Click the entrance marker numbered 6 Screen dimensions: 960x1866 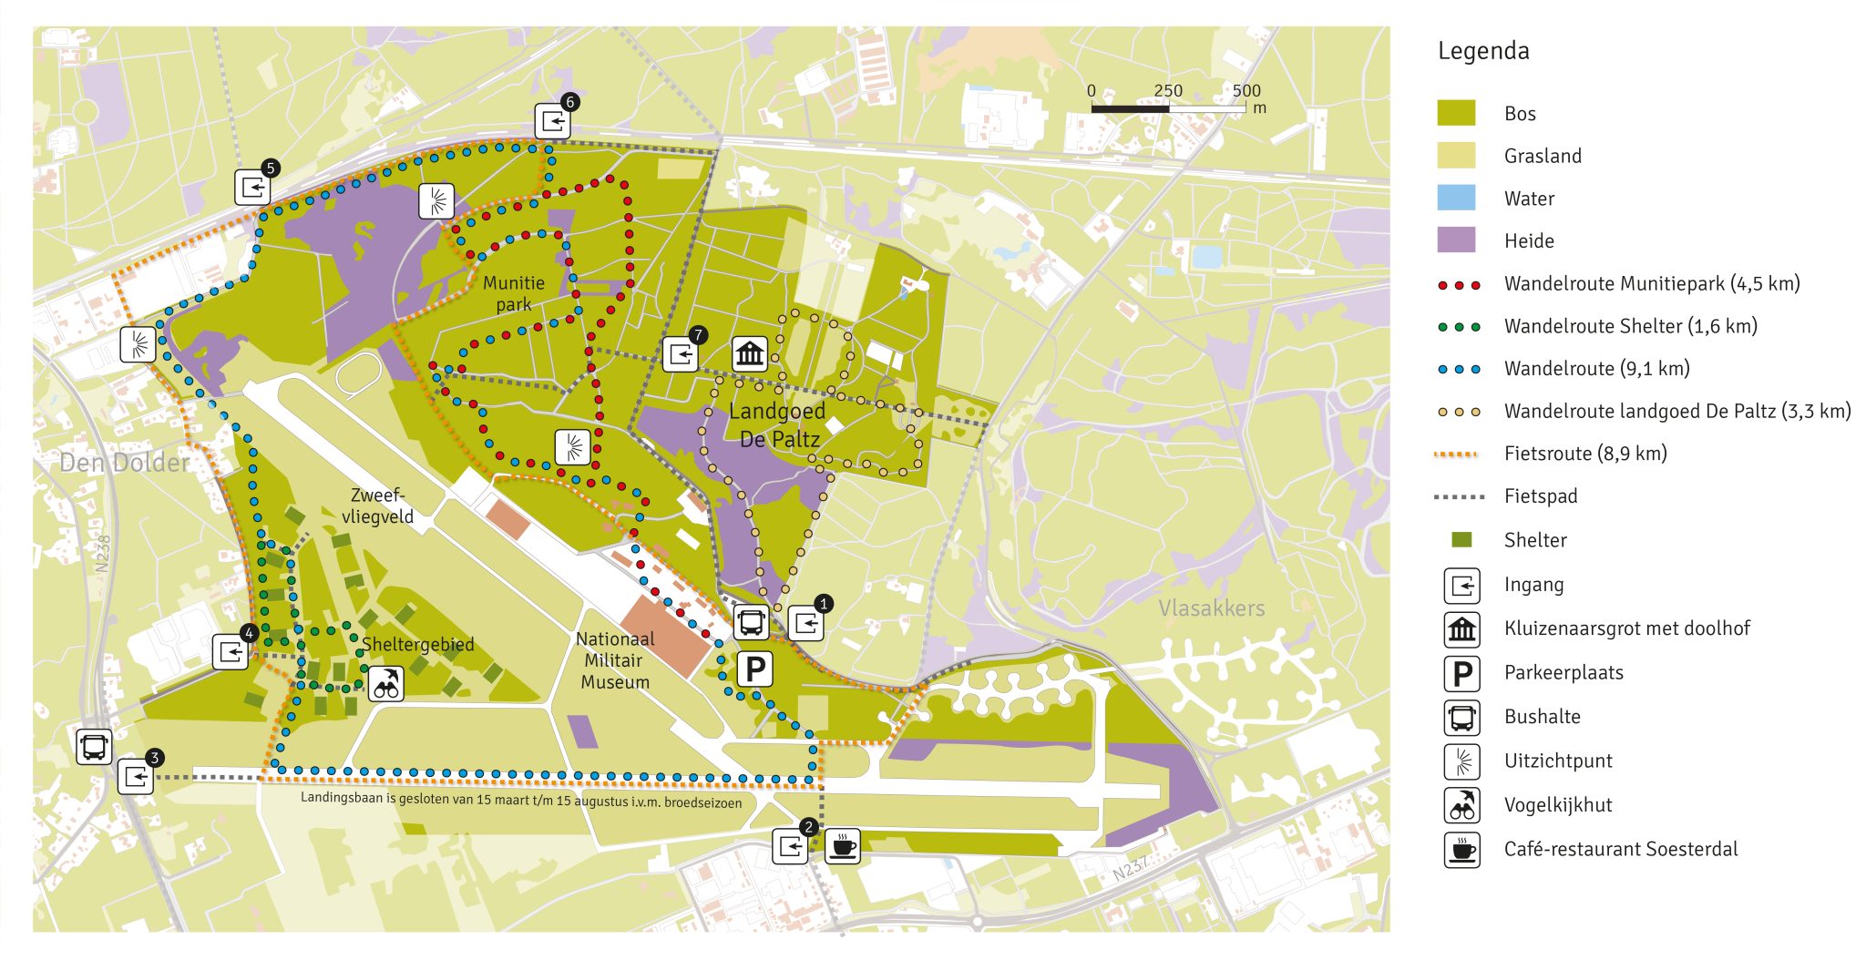tap(552, 121)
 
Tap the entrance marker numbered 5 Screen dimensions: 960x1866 tap(252, 188)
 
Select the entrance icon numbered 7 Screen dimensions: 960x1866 tap(680, 354)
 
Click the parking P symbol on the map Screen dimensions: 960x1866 tap(754, 670)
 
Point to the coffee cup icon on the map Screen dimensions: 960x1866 tap(842, 846)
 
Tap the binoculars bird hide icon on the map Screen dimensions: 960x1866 tap(386, 683)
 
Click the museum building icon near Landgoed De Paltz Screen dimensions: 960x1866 tap(750, 353)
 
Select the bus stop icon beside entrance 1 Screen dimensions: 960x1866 tap(752, 623)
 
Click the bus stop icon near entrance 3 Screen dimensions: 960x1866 tap(94, 747)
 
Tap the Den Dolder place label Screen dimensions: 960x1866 tap(125, 463)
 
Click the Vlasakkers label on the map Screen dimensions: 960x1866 tap(1211, 608)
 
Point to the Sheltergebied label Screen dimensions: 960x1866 tap(417, 645)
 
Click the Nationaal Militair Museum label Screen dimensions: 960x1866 tap(615, 660)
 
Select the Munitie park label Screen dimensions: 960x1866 tap(514, 293)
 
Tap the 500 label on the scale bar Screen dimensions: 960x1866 tap(1246, 90)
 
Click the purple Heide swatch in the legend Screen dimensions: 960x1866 tap(1456, 240)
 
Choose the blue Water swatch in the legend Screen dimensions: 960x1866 tap(1456, 198)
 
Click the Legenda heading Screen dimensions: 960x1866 tap(1483, 51)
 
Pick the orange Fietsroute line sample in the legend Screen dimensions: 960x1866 tap(1456, 454)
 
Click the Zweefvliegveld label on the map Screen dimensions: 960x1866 tap(377, 506)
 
